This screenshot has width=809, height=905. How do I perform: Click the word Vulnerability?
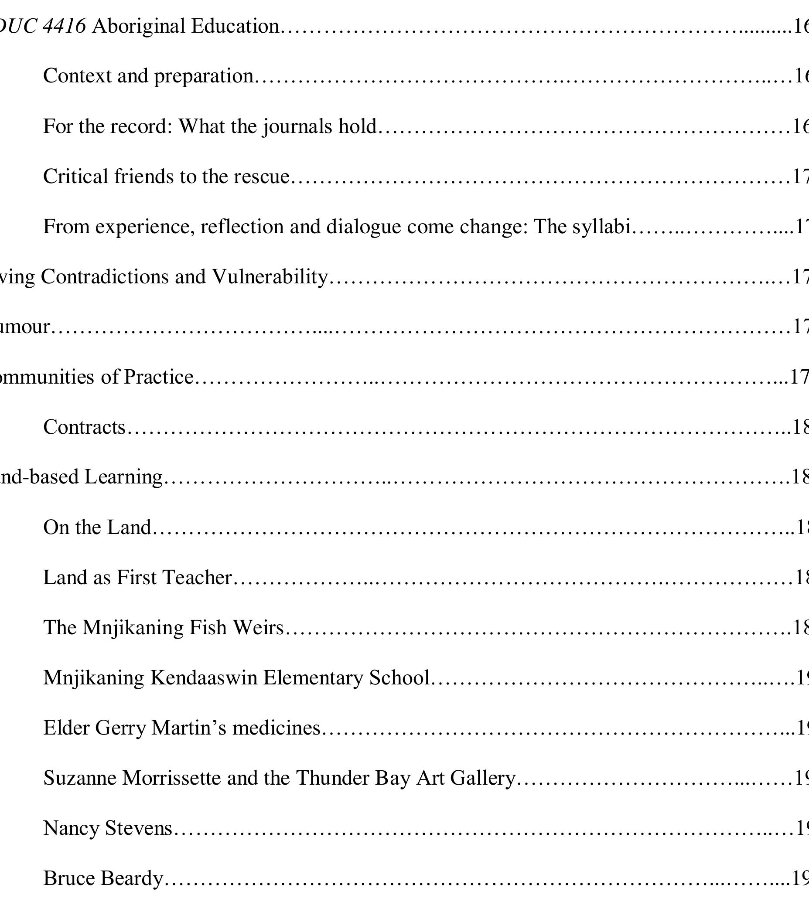point(270,277)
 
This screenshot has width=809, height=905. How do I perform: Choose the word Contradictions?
point(105,277)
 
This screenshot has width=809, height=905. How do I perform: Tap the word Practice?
point(159,377)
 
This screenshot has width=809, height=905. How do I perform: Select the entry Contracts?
point(85,427)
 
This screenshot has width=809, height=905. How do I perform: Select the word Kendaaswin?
point(204,678)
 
